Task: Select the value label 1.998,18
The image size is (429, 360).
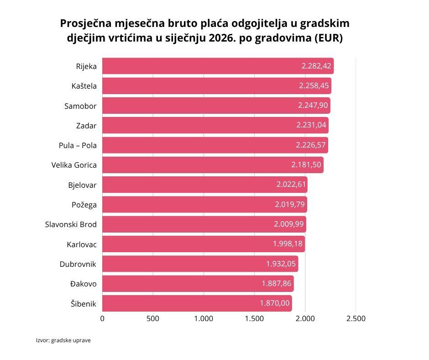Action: pos(288,244)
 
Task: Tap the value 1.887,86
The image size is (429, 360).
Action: pos(277,284)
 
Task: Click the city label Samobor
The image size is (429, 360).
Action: pos(80,106)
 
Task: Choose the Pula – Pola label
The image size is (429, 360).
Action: pos(78,145)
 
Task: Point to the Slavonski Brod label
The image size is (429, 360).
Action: pos(71,224)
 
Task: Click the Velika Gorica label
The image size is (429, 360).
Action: pos(74,165)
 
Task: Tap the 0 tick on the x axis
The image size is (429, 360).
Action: pos(102,319)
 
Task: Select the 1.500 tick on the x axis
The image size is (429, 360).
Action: pos(254,319)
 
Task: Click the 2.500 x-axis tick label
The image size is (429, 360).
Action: pos(356,319)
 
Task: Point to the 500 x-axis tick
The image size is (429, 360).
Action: pos(153,319)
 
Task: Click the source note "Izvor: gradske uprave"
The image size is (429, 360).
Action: pos(63,340)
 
